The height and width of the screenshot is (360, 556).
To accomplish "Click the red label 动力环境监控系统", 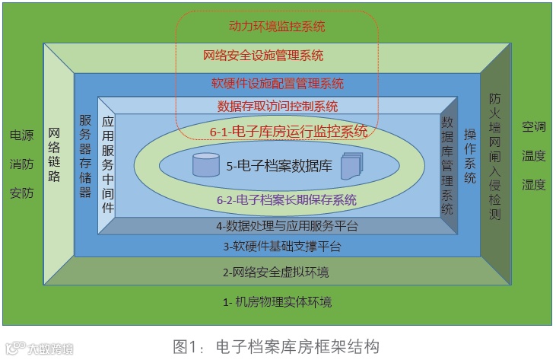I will point(277,27).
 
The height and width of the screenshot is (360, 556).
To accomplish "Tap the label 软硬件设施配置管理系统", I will point(277,84).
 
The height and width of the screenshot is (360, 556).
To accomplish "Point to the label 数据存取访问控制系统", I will point(278,107).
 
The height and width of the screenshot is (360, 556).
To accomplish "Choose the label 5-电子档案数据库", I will point(279,165).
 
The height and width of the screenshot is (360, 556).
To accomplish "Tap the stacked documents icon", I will point(351,165).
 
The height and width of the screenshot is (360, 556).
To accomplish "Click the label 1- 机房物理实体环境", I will point(277,302).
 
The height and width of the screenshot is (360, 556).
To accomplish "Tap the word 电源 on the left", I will point(21,135).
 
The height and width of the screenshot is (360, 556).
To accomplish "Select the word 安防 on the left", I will point(21,193).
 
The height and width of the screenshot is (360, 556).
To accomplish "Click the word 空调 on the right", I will point(533,127).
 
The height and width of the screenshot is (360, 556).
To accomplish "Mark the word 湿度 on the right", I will point(533,184).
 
